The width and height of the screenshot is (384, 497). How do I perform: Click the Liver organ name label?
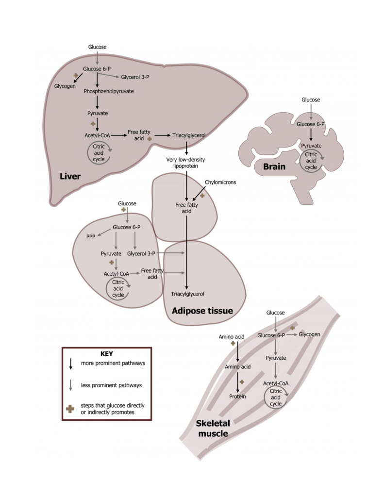click(x=70, y=176)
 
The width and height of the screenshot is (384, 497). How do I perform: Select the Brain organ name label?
click(x=274, y=167)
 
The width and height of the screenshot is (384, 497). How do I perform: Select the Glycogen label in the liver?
click(x=65, y=85)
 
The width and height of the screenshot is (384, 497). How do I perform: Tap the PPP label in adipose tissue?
click(x=91, y=236)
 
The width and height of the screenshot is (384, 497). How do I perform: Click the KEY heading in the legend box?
click(x=106, y=354)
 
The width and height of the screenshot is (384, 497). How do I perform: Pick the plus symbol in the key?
click(x=71, y=409)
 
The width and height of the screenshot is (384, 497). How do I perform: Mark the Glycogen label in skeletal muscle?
click(x=309, y=334)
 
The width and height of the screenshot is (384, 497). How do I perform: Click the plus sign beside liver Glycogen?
click(x=75, y=75)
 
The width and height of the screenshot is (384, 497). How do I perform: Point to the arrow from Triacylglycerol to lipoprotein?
click(x=187, y=148)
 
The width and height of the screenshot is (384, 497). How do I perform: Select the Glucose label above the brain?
click(x=311, y=99)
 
